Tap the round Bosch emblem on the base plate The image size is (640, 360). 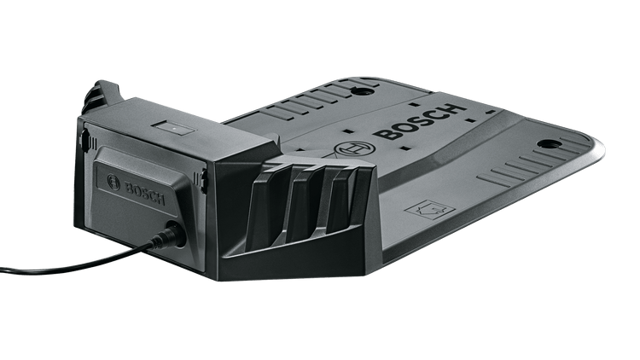point(351,151)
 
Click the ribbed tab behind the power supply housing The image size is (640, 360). point(102,94)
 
